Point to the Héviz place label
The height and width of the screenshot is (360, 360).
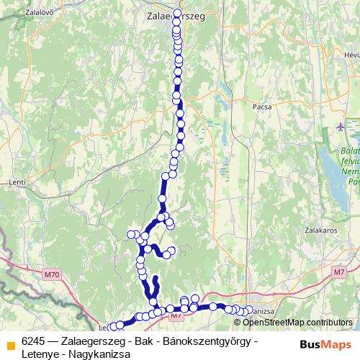(x=351, y=55)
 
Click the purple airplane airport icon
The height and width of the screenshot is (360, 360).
(x=341, y=127)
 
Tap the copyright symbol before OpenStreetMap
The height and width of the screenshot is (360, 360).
(x=228, y=323)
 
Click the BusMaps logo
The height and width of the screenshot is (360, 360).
(x=325, y=344)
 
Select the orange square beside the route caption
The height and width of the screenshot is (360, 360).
(x=10, y=345)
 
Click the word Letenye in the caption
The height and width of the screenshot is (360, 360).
(x=40, y=352)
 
